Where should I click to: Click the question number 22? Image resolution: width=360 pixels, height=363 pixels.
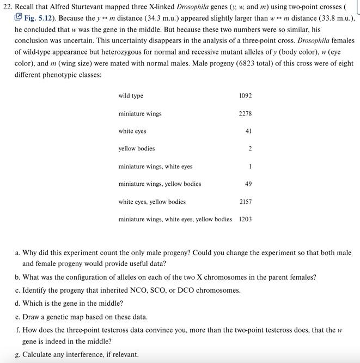[8, 6]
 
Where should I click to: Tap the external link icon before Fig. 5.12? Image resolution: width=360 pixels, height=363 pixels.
[19, 17]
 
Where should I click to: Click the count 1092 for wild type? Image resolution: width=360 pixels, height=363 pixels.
[245, 96]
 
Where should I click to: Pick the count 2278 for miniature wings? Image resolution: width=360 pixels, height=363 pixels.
[245, 114]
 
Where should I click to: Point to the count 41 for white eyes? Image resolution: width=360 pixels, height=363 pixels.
[248, 131]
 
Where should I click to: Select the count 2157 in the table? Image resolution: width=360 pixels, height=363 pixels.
[245, 202]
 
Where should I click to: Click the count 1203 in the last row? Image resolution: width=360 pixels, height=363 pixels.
[245, 220]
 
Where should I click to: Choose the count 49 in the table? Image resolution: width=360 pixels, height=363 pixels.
[248, 184]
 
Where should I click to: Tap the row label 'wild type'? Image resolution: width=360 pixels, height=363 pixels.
[131, 96]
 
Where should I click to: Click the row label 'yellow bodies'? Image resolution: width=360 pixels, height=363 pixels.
[137, 149]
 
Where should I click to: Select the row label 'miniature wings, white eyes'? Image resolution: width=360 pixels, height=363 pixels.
[155, 167]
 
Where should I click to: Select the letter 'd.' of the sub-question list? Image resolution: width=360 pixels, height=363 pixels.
[18, 304]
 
